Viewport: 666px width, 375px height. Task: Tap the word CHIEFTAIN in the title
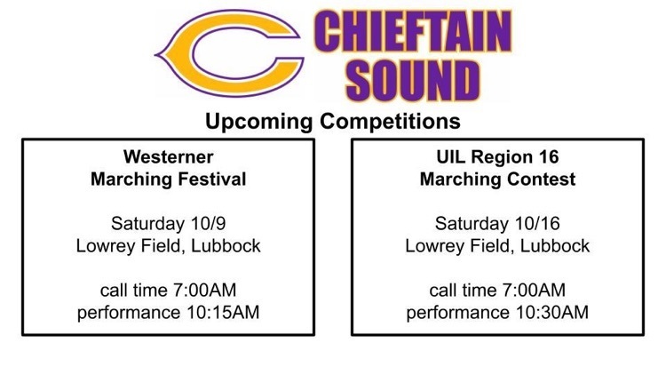[412, 32]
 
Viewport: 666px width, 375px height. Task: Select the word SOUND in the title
[413, 81]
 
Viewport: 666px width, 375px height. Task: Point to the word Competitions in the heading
[390, 122]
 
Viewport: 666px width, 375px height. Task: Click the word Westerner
[168, 157]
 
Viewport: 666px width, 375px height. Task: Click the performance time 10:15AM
[223, 313]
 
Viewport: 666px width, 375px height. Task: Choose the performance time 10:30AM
[552, 313]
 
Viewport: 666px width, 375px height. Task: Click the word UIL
[451, 157]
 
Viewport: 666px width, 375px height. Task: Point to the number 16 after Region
[549, 157]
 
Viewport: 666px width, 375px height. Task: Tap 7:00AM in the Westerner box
[204, 291]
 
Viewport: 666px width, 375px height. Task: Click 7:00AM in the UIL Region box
[534, 291]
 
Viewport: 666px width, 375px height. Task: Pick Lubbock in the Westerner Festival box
[226, 246]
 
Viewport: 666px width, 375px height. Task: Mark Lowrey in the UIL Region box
[436, 247]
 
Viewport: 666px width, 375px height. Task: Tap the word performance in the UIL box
[458, 314]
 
